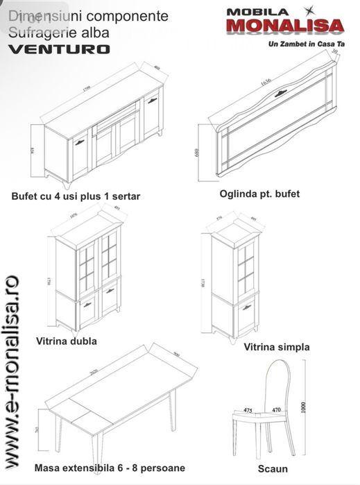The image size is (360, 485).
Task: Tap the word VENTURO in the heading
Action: coord(60,49)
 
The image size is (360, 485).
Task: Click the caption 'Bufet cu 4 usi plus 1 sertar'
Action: coord(76,196)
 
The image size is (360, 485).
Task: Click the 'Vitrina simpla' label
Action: coord(277,346)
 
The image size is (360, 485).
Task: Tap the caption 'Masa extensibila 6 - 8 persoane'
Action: coord(110,468)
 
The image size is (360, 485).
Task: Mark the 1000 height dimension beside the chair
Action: coord(303,408)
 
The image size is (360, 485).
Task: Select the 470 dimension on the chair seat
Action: coord(275,410)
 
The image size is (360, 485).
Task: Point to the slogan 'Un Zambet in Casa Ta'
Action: coord(306,43)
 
